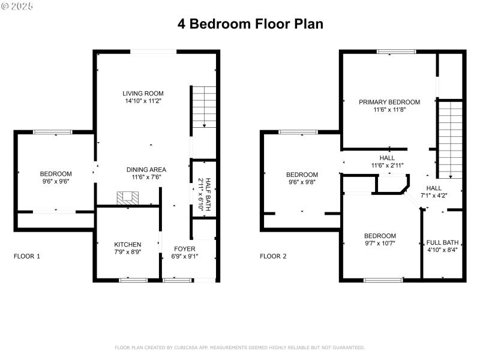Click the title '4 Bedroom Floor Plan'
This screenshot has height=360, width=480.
(x=250, y=24)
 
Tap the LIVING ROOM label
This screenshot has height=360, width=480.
(x=143, y=94)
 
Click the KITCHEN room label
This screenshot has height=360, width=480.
(x=128, y=244)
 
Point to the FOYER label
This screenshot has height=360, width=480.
(x=185, y=248)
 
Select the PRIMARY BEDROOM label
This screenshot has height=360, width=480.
(x=389, y=102)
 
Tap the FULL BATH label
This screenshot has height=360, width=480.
(x=442, y=242)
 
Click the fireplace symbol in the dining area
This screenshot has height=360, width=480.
(x=127, y=197)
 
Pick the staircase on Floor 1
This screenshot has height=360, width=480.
(x=204, y=107)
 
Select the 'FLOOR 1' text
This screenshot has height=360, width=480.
(x=27, y=256)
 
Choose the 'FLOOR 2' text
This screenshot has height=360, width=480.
(x=273, y=256)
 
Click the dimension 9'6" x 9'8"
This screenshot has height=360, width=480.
(x=301, y=182)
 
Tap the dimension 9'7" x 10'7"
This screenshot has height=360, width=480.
(x=380, y=244)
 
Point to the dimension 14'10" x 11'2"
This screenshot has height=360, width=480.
(x=143, y=101)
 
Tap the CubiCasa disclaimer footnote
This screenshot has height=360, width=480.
(x=239, y=347)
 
